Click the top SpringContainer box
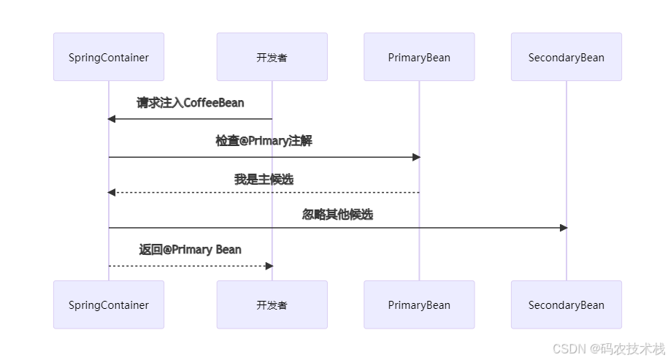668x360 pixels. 109,57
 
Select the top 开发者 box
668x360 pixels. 272,57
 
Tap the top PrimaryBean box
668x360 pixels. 419,57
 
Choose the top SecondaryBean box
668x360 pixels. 566,57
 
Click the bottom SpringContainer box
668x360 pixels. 109,305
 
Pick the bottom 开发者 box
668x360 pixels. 272,305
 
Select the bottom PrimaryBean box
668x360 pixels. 419,305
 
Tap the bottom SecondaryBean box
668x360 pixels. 566,305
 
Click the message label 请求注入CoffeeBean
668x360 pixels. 190,103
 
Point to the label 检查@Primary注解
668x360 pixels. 264,141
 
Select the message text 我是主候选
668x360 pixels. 264,179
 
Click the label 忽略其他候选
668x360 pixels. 337,215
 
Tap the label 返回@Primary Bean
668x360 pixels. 190,250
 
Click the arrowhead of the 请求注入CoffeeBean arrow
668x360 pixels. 112,119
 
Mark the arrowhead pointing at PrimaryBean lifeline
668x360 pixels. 416,157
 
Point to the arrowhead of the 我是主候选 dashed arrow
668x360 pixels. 112,192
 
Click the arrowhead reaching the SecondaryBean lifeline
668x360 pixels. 563,228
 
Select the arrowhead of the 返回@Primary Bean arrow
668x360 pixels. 269,266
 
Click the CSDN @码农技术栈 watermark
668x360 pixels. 608,348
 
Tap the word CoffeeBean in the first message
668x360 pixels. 214,103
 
